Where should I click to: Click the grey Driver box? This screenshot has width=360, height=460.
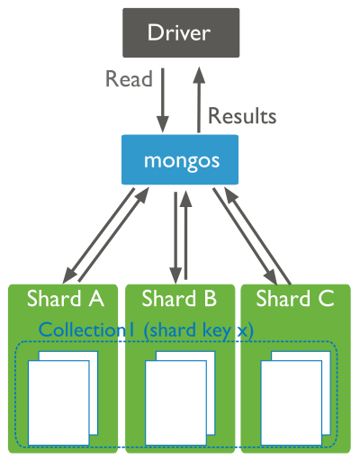tap(180, 34)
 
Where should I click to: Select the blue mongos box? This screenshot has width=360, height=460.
tap(180, 161)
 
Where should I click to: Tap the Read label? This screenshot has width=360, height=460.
tap(129, 80)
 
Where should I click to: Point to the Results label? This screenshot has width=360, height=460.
tap(242, 116)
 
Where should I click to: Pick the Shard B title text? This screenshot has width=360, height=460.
tap(180, 298)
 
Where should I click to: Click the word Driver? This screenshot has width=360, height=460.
tap(180, 34)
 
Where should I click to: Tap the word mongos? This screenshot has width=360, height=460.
tap(180, 161)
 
